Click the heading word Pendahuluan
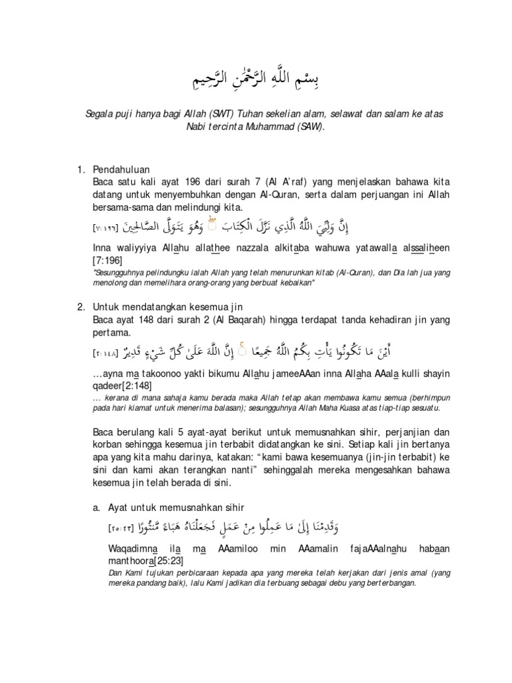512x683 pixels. pyautogui.click(x=122, y=169)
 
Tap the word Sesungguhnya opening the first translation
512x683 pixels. pyautogui.click(x=123, y=271)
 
